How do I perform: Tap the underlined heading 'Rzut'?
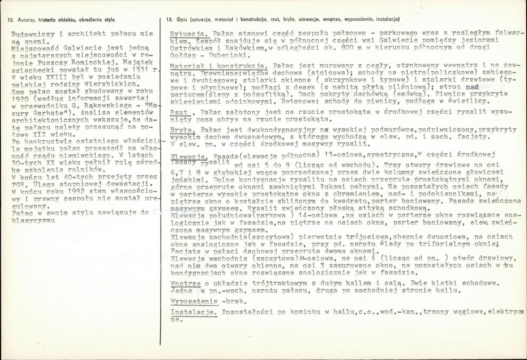pyautogui.click(x=177, y=113)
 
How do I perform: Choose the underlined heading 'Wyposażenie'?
pyautogui.click(x=194, y=301)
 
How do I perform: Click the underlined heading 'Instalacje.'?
pyautogui.click(x=194, y=312)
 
